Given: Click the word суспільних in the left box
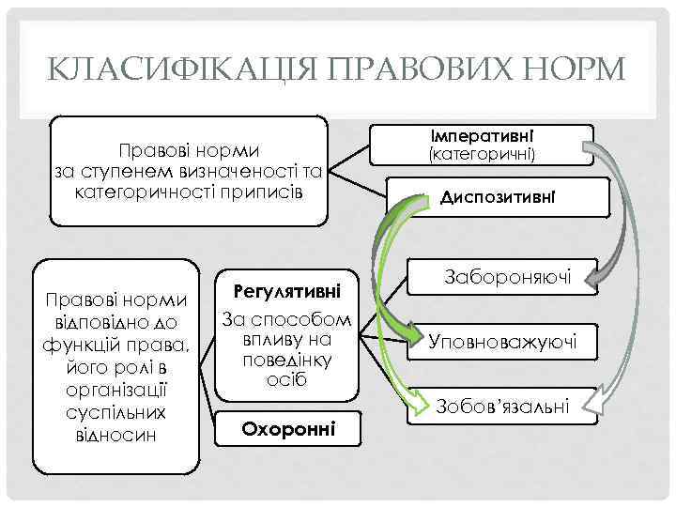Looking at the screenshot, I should [x=117, y=413].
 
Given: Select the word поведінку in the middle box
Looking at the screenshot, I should [x=286, y=360].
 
